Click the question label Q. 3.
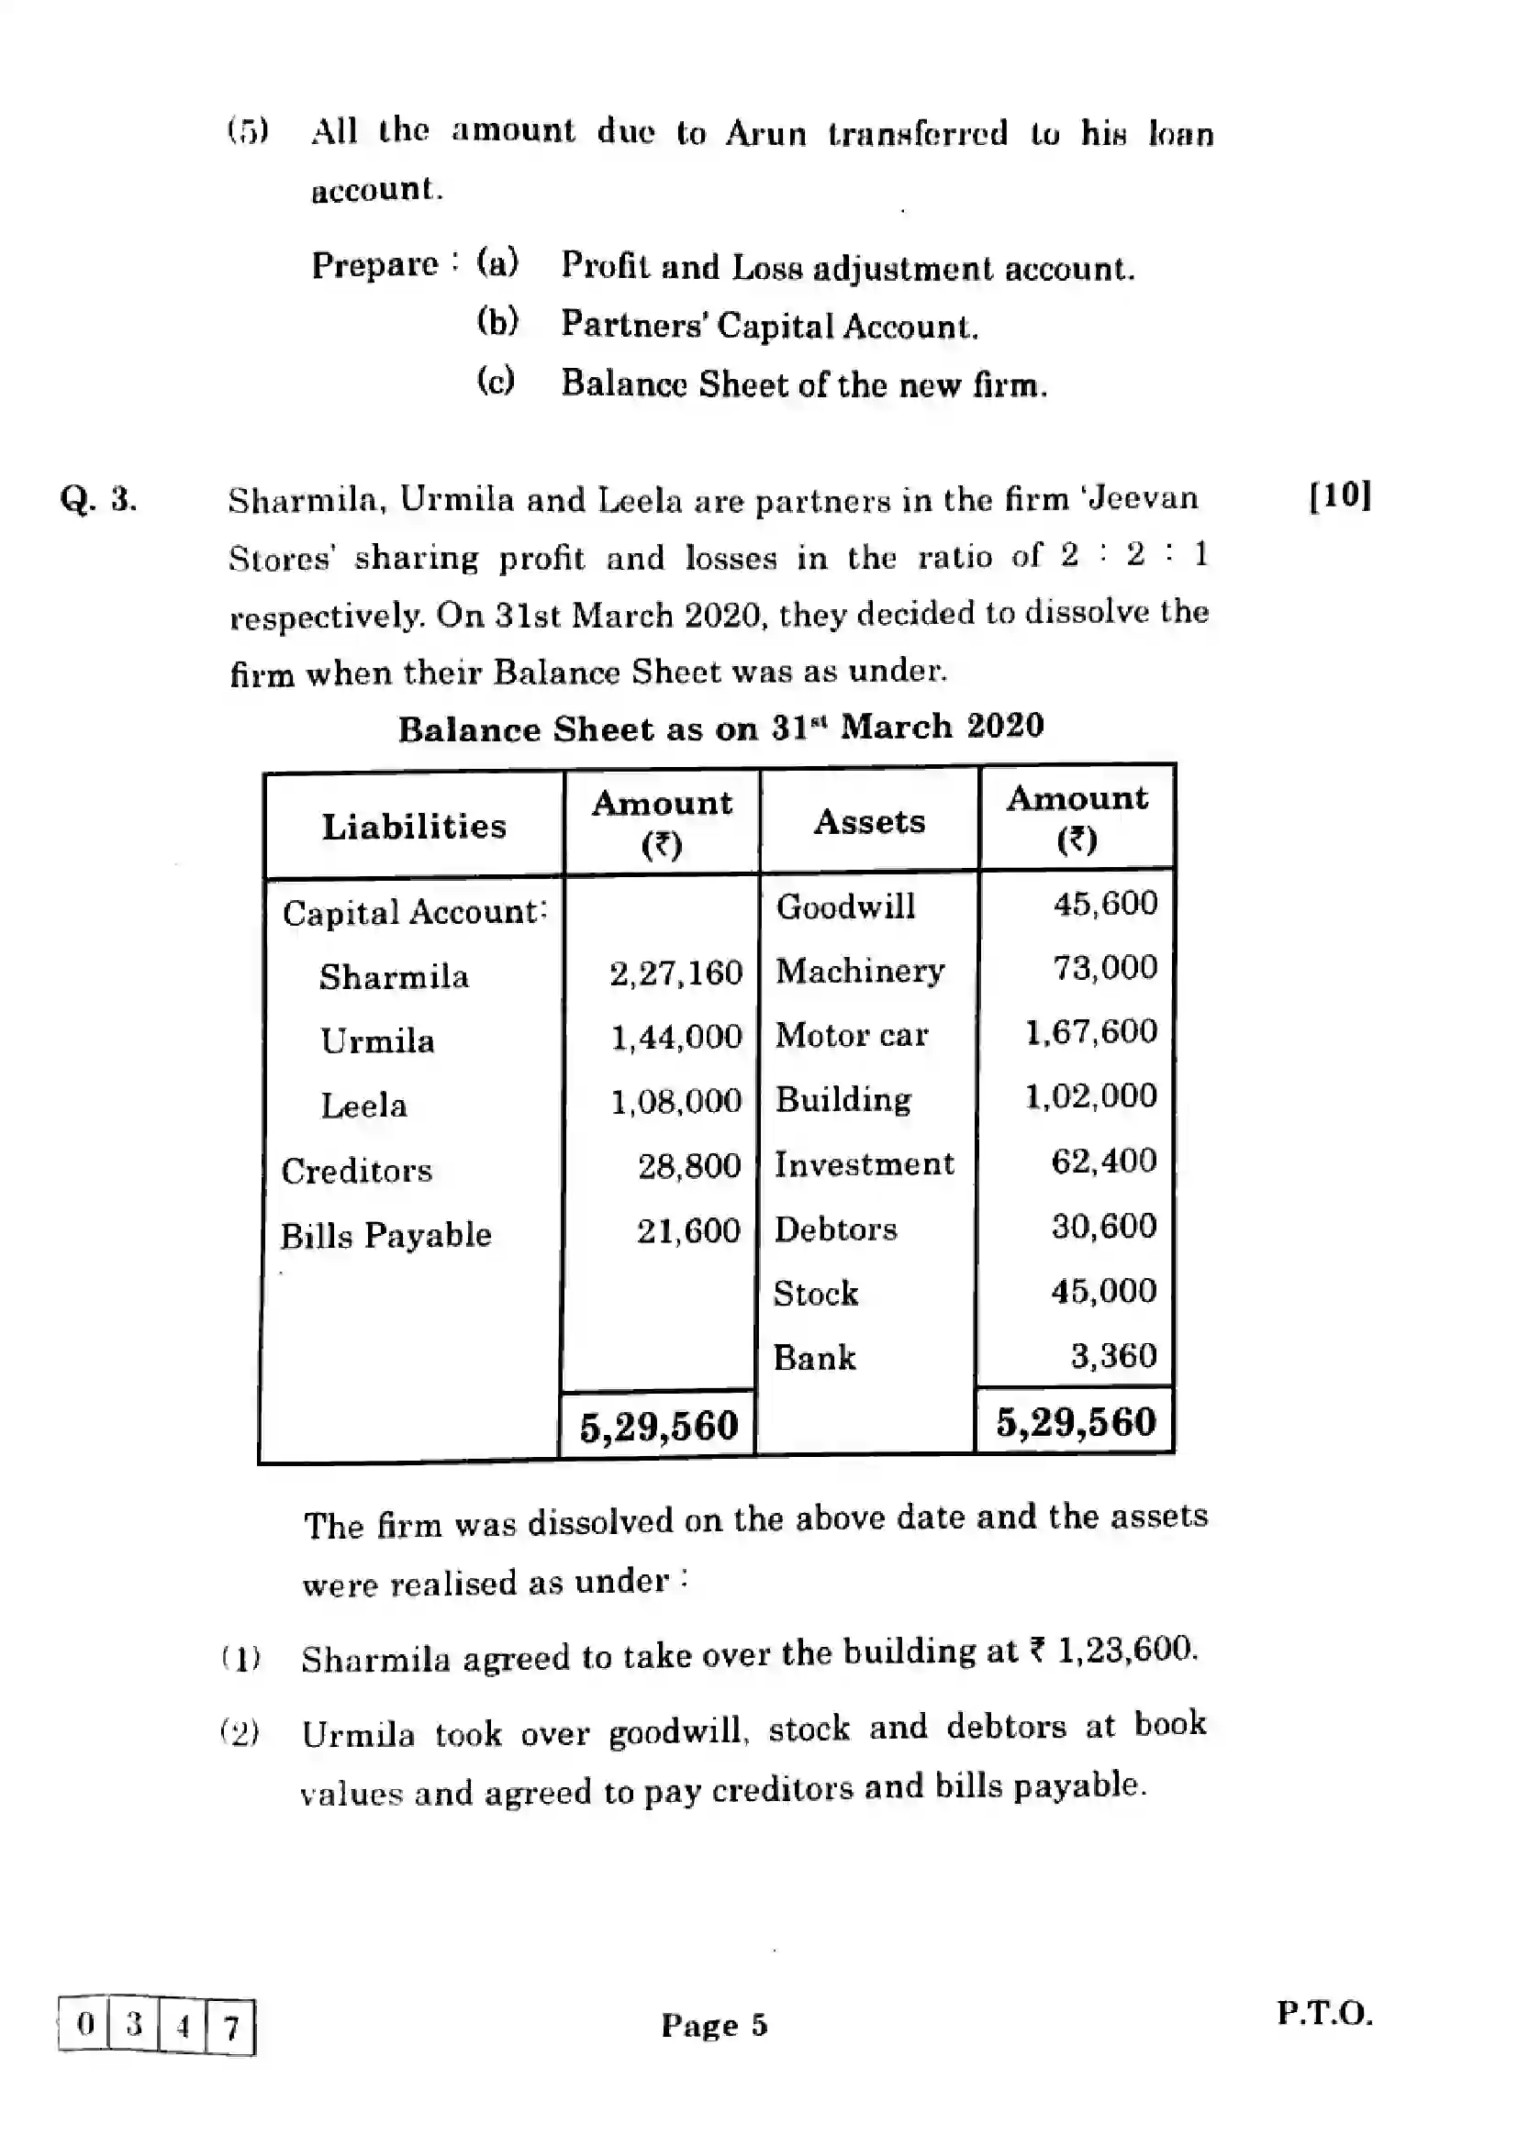(98, 500)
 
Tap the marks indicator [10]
(1339, 495)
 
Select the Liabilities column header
(414, 827)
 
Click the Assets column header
(869, 821)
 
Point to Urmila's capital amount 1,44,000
(675, 1038)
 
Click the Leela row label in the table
(363, 1106)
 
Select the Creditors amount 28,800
(689, 1166)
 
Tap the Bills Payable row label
(385, 1236)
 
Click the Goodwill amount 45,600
(1105, 904)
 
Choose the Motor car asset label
(852, 1035)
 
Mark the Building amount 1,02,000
(1091, 1095)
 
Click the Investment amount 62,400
(1104, 1161)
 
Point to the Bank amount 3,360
(1113, 1355)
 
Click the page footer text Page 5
(714, 2025)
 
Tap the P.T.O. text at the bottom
(1324, 2012)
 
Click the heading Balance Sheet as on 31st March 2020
(720, 728)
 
